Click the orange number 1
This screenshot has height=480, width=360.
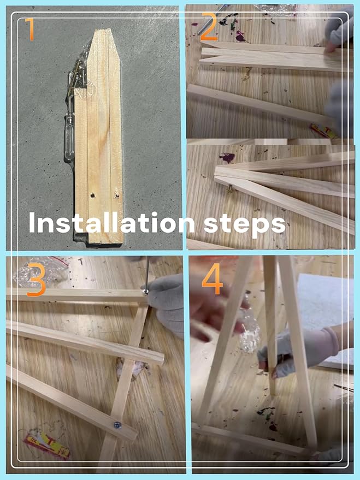[x=30, y=29]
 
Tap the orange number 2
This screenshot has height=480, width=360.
[x=209, y=27]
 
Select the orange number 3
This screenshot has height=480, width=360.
[x=37, y=280]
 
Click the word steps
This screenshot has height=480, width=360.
[x=245, y=224]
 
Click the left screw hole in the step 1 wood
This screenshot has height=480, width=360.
[x=92, y=195]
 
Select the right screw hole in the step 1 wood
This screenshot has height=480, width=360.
[x=116, y=195]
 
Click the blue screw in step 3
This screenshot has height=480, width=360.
[x=117, y=424]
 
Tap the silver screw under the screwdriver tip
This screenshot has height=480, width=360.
[x=146, y=291]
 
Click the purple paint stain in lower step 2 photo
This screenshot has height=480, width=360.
[x=227, y=158]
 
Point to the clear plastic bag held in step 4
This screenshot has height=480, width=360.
[x=250, y=332]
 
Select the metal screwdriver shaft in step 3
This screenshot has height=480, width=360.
[x=148, y=272]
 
